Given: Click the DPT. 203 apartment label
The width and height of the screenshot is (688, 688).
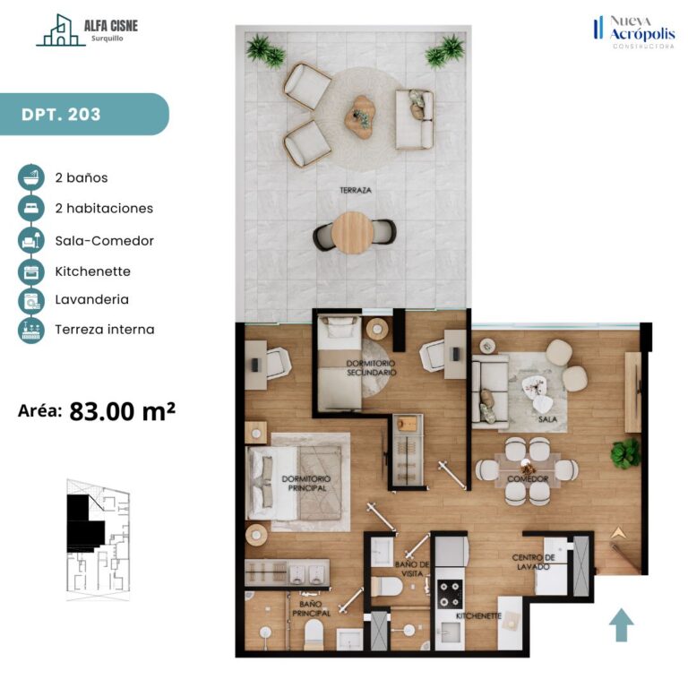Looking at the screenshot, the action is coord(61,115).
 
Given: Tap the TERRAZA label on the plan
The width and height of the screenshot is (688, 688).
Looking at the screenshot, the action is coord(356,190).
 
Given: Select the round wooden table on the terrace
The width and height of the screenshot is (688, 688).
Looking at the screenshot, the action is coord(352,233).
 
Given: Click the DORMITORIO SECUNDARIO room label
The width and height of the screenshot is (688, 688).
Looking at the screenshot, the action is coord(371,367).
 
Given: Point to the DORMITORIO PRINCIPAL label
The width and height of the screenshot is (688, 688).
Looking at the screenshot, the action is coord(306,483).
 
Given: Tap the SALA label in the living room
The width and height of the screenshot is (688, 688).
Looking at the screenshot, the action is coord(547,419).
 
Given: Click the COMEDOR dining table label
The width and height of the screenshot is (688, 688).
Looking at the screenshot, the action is coord(528,478).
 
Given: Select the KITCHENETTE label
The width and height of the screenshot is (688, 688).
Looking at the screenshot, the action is coord(478,616).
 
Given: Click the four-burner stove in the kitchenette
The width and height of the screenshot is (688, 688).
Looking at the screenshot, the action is coord(451,594).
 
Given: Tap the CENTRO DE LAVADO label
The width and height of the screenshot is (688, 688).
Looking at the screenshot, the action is coord(533,562).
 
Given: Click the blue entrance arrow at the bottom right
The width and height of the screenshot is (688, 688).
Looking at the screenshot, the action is coord(622,624).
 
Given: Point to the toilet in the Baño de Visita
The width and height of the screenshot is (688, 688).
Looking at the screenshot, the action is coord(387,587).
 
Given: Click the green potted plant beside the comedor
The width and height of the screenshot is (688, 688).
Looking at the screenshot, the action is coord(624,453).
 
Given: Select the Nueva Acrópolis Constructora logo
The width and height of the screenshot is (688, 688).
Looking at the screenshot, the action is coord(634,31).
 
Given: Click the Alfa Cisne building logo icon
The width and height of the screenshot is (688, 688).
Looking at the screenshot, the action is coord(61,30).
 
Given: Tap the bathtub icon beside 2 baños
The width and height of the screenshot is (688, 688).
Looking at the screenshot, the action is coord(31,177).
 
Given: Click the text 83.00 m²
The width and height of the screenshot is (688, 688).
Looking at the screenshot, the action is coord(123,411).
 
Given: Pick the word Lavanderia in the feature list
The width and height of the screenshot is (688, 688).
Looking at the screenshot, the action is coord(91,300).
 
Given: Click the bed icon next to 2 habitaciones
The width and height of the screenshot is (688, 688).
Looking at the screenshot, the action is coord(31,208).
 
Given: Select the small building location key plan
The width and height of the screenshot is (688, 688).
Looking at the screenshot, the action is coord(98,539).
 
